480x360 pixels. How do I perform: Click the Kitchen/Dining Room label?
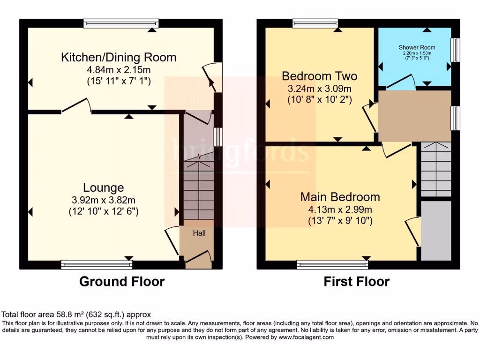tap(119, 58)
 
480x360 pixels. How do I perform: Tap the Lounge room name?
tap(104, 188)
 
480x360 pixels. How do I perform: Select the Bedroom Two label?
tap(319, 76)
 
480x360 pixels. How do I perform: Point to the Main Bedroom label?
tap(340, 197)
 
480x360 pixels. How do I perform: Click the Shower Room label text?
tap(417, 47)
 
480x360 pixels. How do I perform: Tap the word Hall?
tap(199, 233)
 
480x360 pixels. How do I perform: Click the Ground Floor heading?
tap(122, 282)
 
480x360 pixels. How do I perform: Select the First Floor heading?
tap(356, 282)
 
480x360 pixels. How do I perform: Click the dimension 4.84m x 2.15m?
tap(119, 70)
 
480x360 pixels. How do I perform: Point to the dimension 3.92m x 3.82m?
tap(104, 200)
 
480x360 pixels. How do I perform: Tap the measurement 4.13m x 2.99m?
tap(340, 209)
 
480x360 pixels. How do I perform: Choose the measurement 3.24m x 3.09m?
tap(319, 89)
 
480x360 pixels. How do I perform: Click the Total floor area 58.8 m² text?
tap(76, 315)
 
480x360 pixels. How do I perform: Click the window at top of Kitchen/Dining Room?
tap(121, 23)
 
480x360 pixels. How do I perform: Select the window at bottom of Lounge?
tap(97, 265)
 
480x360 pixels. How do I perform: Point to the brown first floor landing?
tap(414, 116)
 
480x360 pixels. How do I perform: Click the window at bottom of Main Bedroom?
tap(333, 265)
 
